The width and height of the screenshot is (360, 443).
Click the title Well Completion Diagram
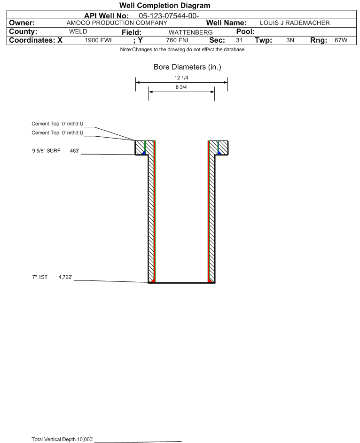tap(165, 5)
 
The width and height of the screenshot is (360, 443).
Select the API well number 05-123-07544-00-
tap(169, 16)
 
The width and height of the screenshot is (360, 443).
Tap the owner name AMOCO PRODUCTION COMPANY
tap(117, 23)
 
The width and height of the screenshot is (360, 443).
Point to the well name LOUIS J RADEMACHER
tap(295, 23)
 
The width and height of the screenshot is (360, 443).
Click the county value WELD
tap(78, 31)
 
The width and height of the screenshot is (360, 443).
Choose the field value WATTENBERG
tap(190, 32)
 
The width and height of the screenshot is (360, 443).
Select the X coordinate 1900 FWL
tap(99, 40)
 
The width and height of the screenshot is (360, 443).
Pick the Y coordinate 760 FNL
tap(178, 40)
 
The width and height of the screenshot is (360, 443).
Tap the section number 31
tap(239, 40)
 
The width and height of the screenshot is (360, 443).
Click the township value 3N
tap(290, 40)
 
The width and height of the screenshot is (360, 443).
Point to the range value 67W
tap(341, 40)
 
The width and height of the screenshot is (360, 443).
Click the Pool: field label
tap(245, 31)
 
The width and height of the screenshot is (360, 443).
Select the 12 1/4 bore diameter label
tap(181, 78)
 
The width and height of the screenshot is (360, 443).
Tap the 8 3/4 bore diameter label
tap(181, 87)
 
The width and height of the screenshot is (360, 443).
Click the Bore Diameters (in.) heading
tap(188, 67)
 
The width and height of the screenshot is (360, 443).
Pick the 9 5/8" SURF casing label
tap(46, 151)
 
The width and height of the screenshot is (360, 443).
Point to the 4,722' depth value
tap(65, 277)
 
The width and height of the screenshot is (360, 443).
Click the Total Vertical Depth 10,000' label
tap(63, 439)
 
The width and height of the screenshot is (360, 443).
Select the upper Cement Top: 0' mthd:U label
tap(57, 124)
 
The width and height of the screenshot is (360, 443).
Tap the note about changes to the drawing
tap(182, 50)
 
